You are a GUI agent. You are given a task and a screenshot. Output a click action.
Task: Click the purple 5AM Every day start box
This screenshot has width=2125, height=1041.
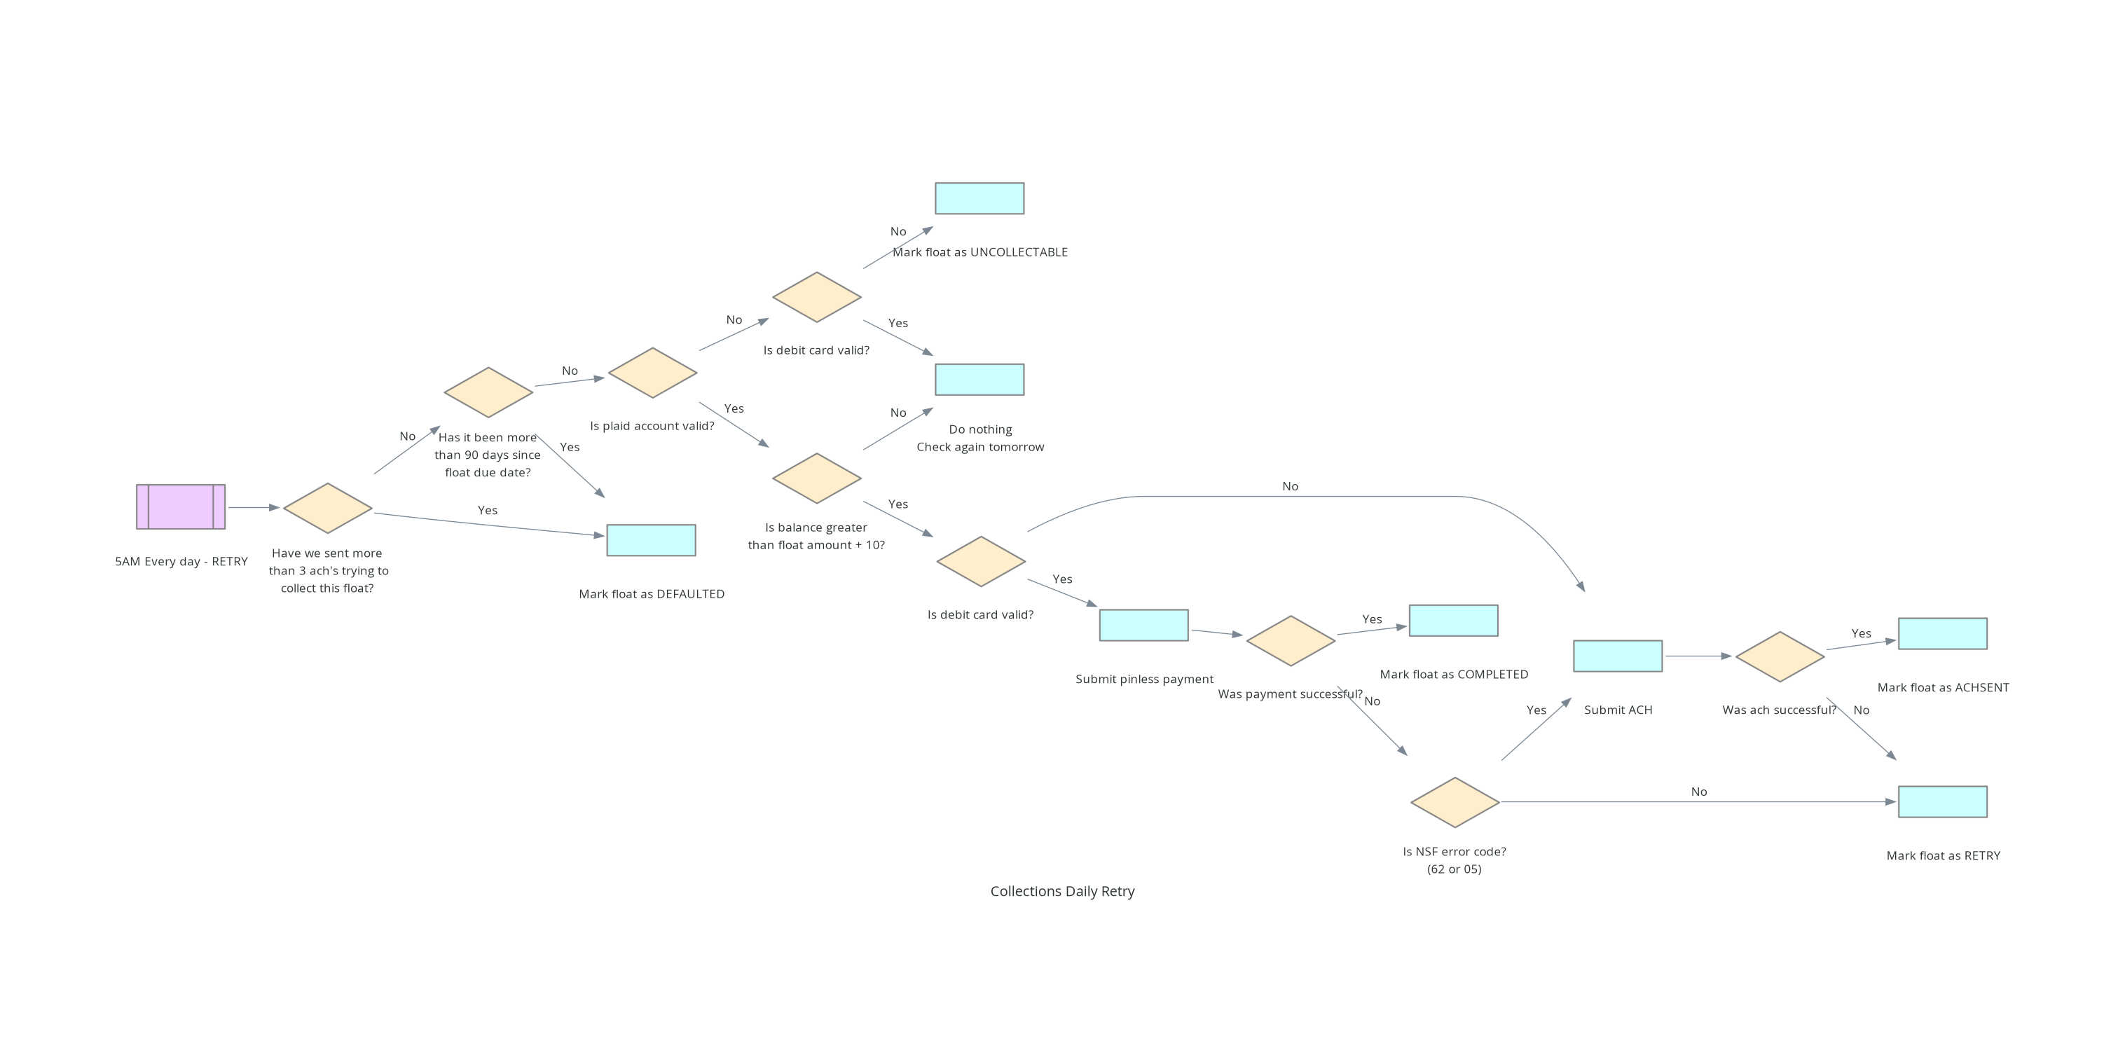(181, 506)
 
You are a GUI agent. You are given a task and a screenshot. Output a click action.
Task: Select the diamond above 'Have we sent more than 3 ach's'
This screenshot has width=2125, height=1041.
(327, 508)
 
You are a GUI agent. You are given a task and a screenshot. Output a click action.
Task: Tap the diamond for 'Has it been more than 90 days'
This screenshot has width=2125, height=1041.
(488, 392)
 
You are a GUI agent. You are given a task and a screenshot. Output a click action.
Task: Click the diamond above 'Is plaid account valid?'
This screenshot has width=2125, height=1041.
(652, 373)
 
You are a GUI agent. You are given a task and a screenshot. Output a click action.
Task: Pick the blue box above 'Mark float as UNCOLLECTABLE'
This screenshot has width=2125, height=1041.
(979, 199)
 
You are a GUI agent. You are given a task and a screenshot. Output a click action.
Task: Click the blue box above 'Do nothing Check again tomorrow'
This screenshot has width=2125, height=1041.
(979, 380)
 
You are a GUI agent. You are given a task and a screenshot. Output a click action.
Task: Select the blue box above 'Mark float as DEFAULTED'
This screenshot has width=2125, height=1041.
(651, 540)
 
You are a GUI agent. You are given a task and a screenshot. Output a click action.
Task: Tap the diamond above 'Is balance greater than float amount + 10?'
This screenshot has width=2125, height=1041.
(817, 478)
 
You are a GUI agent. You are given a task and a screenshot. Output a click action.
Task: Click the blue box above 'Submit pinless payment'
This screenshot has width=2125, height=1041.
(1143, 626)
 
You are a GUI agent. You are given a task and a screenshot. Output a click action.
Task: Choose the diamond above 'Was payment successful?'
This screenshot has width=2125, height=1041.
(1290, 641)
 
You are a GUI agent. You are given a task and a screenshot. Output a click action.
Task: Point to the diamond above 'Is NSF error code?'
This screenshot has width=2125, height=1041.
(1455, 802)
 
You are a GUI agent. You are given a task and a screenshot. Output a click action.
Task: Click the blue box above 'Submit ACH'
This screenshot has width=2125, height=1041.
(1617, 656)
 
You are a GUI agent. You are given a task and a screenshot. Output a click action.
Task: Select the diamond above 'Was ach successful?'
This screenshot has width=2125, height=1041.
(1780, 656)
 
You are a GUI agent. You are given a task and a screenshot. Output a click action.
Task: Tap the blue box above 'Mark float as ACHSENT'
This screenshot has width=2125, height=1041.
(1942, 633)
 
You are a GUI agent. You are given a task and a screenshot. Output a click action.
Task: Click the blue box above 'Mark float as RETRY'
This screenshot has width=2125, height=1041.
(1942, 802)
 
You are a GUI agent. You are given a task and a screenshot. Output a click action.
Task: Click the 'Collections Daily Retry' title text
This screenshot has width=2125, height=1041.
(1061, 891)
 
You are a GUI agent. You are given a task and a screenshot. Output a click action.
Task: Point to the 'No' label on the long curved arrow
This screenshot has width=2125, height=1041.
(1289, 487)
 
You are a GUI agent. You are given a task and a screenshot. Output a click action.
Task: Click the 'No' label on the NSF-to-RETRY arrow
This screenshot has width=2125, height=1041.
(1698, 792)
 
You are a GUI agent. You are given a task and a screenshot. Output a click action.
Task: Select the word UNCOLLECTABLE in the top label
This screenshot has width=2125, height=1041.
(1019, 252)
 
